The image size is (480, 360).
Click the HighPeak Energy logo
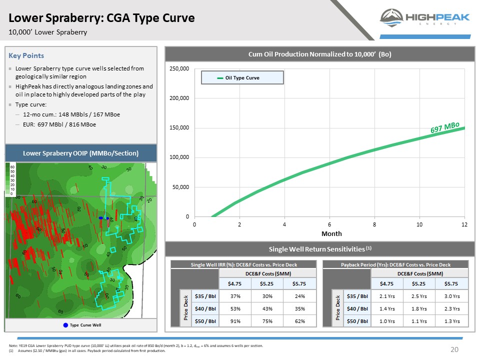coord(425,18)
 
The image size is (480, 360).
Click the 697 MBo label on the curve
coord(445,127)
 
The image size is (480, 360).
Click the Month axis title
coord(331,233)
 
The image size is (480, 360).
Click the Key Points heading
coord(26,55)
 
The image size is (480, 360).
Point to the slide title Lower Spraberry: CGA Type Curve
coord(101,18)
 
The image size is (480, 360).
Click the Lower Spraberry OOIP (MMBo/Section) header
coord(81,152)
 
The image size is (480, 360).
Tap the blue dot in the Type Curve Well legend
coord(65,325)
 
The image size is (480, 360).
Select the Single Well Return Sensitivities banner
coord(319,248)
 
